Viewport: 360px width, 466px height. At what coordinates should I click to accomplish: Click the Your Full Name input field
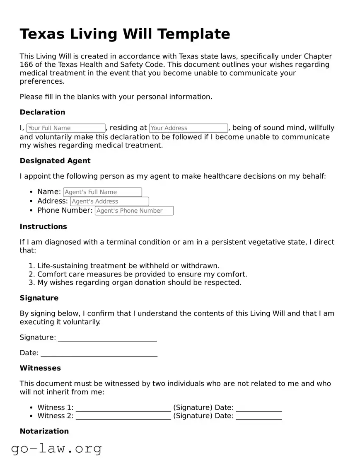[x=66, y=128]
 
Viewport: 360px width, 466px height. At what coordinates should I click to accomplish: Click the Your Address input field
[x=188, y=128]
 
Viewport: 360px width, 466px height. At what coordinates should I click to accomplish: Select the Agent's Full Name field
[x=102, y=192]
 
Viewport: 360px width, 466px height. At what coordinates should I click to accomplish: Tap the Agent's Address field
[x=109, y=201]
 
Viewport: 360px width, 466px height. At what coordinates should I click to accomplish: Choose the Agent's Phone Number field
[x=134, y=211]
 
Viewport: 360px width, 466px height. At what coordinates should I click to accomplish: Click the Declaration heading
[x=42, y=112]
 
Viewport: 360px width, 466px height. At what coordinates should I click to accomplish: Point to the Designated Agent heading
[x=55, y=161]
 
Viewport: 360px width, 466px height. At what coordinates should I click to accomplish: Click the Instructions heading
[x=43, y=227]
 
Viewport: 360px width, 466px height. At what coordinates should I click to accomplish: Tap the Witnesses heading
[x=40, y=368]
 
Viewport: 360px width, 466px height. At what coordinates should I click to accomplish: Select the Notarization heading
[x=44, y=431]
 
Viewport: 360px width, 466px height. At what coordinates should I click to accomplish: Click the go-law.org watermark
[x=56, y=448]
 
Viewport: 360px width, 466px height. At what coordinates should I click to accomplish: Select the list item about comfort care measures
[x=142, y=274]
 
